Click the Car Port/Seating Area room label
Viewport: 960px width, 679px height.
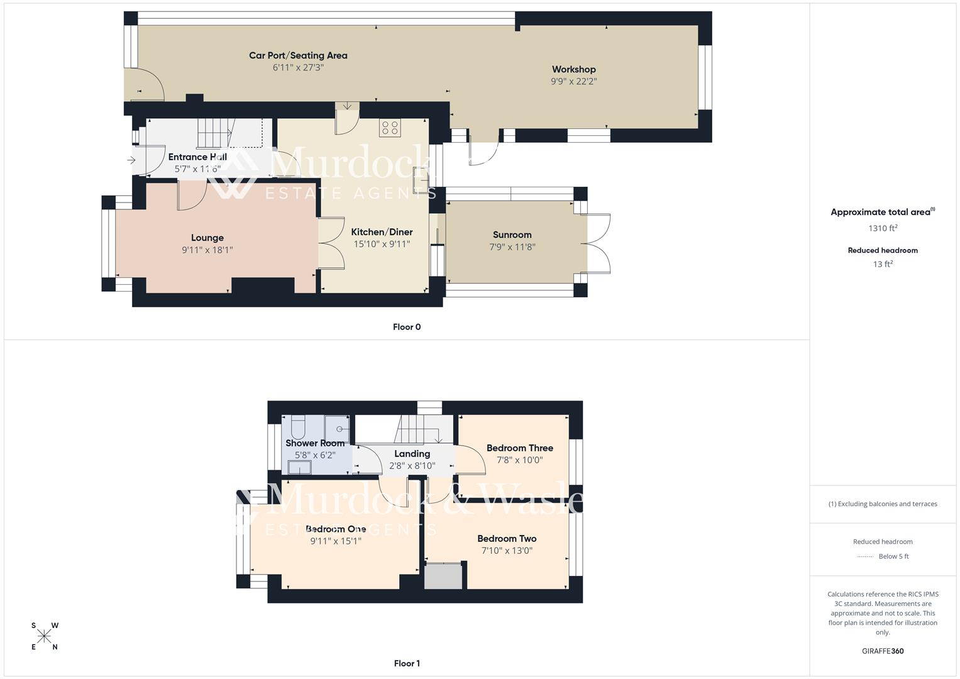(298, 55)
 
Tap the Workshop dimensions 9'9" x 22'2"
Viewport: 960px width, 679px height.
(573, 81)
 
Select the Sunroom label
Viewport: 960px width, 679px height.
(512, 235)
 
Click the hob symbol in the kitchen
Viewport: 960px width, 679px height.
(389, 128)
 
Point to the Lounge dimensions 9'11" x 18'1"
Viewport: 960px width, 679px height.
(207, 250)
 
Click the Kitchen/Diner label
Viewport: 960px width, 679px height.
(382, 231)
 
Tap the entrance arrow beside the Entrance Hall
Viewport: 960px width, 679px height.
(131, 160)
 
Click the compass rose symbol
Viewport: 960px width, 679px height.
(44, 636)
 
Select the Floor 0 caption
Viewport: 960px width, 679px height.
(406, 327)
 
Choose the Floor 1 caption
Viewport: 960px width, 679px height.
(406, 663)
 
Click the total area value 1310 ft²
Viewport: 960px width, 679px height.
(883, 228)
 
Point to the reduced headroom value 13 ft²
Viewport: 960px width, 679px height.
(883, 264)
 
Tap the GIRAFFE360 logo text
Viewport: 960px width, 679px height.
(883, 651)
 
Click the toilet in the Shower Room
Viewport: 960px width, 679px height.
(297, 427)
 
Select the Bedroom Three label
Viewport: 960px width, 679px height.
(519, 448)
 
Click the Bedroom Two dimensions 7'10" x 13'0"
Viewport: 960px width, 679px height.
(507, 551)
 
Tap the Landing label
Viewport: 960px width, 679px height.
(412, 453)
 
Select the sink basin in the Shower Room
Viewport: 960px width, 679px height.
(299, 467)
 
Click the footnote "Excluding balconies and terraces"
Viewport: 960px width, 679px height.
(883, 504)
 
